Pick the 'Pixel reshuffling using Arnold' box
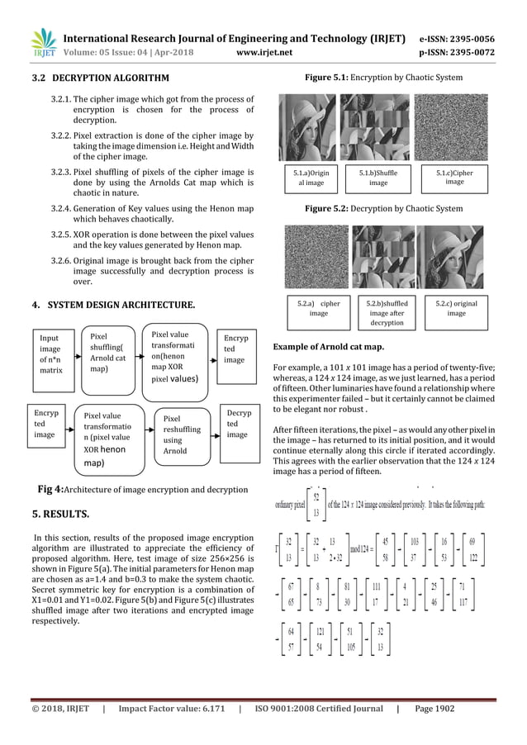tap(183, 434)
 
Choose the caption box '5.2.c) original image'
tap(455, 308)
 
